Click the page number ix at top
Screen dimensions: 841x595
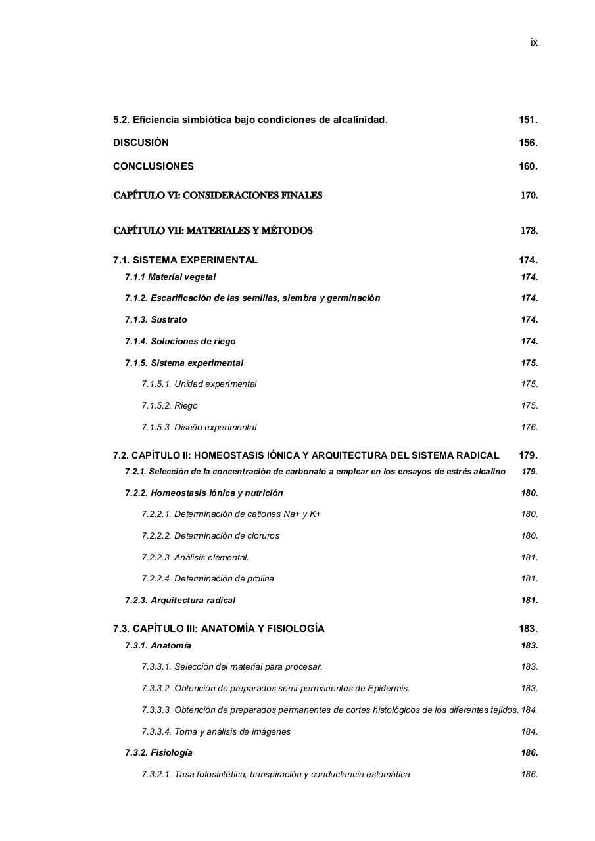[534, 43]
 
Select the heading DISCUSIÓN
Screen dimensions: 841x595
[141, 143]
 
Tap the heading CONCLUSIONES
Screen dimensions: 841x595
[153, 166]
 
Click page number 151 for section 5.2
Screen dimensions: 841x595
[528, 120]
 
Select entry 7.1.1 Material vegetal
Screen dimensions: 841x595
[170, 277]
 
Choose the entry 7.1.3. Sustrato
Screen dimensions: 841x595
[156, 320]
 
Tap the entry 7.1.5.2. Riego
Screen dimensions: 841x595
[169, 406]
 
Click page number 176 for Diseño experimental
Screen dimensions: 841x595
[529, 428]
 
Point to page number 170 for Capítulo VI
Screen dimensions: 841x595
[529, 195]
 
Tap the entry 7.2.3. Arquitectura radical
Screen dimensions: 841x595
[180, 601]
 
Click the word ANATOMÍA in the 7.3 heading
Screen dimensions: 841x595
[228, 629]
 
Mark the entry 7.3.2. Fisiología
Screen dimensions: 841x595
[158, 753]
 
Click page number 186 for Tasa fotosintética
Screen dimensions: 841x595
[529, 775]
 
